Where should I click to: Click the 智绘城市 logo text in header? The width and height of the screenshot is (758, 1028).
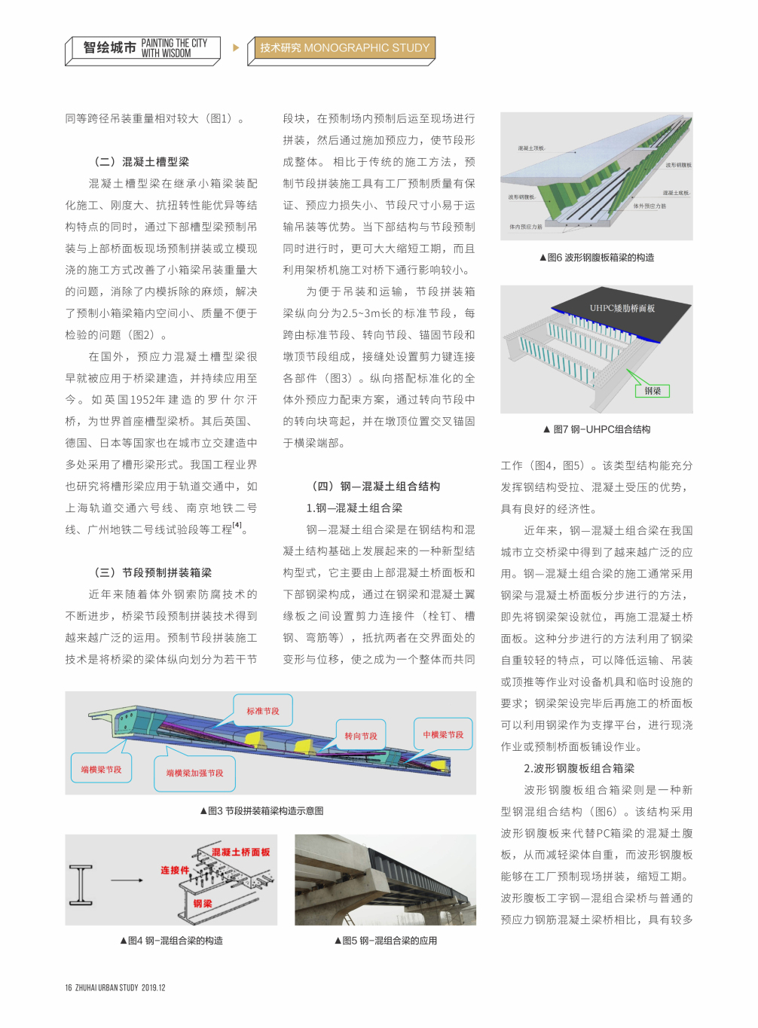(x=109, y=47)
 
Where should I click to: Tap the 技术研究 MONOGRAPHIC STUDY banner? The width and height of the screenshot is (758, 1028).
(x=344, y=48)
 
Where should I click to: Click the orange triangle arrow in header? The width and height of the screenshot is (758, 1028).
(x=236, y=47)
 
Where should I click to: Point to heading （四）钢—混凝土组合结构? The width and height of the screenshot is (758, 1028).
(x=375, y=487)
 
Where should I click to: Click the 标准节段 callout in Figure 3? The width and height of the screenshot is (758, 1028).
(x=263, y=711)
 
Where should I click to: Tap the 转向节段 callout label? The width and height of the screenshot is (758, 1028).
(x=361, y=736)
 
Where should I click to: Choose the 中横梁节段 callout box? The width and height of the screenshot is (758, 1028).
(x=443, y=734)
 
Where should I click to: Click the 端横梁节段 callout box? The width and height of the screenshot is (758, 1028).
(x=101, y=769)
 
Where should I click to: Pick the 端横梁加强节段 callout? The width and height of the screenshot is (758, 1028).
(x=194, y=773)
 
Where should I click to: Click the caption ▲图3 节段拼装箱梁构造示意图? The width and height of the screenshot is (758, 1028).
(x=261, y=811)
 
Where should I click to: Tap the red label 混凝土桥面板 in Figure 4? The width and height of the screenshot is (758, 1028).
(x=240, y=852)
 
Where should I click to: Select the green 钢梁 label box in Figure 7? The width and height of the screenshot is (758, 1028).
(x=652, y=391)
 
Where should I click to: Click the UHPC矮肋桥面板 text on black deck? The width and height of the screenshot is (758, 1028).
(x=622, y=308)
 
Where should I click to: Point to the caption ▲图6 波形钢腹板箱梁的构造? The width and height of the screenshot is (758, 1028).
(x=596, y=258)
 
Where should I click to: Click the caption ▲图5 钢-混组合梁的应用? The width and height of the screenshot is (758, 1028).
(x=385, y=941)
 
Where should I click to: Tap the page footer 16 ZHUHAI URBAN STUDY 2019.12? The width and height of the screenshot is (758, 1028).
(x=115, y=987)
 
